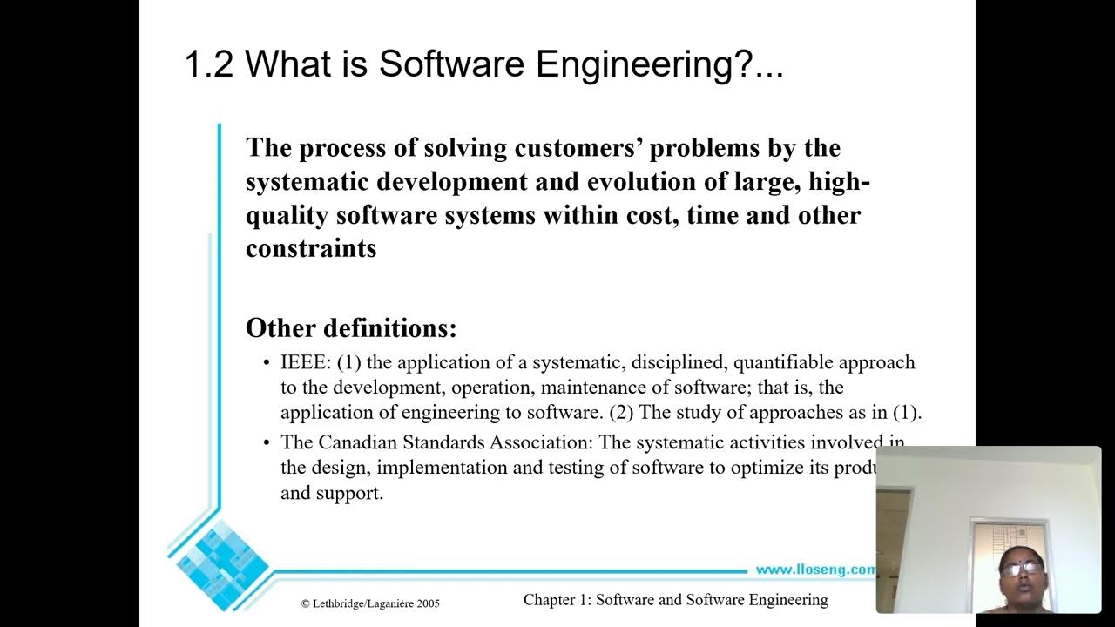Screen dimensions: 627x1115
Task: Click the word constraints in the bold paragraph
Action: point(311,248)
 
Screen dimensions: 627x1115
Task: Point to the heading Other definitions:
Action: point(351,328)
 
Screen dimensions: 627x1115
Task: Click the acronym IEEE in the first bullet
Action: point(304,362)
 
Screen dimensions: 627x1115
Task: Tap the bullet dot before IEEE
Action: point(267,363)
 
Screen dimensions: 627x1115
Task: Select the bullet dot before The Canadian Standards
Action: point(267,443)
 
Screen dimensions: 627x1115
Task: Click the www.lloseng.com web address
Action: point(814,570)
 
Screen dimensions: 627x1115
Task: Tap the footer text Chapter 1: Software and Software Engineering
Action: point(675,599)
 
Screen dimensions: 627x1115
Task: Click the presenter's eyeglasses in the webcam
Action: point(1021,568)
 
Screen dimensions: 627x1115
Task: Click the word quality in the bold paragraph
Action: point(287,215)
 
